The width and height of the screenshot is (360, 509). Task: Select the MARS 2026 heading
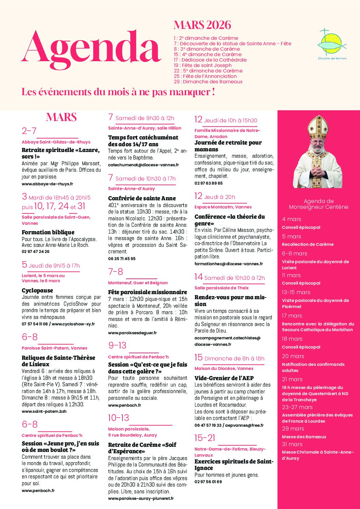pos(202,25)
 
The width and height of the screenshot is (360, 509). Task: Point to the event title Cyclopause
pos(37,290)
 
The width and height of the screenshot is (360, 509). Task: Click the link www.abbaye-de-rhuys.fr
pos(47,184)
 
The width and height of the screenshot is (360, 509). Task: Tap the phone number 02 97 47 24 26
pos(35,252)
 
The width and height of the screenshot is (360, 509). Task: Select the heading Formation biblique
pos(48,232)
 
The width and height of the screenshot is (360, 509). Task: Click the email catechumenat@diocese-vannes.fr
pos(143,165)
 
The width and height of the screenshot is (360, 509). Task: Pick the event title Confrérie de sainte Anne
pos(142,198)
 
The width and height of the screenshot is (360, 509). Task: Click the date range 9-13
pos(117,345)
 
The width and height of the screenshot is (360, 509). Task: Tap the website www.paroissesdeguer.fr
pos(132,333)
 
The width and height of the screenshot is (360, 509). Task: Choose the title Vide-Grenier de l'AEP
pos(224,378)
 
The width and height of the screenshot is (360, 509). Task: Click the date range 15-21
pos(205,438)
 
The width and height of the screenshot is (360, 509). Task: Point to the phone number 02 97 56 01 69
pos(208,482)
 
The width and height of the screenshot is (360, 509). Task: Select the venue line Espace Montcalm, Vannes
pos(223,207)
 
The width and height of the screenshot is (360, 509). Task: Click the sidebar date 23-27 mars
pos(297,407)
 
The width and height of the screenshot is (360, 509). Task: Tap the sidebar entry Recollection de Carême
pos(308,244)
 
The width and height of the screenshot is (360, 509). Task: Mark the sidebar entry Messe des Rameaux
pos(304,437)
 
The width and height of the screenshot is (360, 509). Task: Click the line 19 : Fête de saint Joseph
pos(202,65)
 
